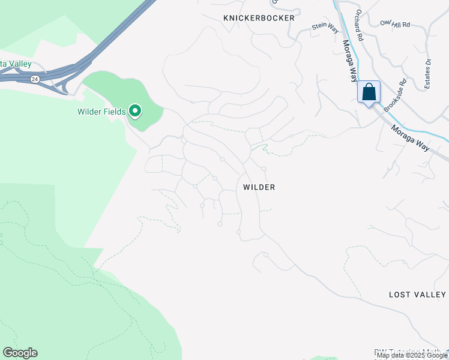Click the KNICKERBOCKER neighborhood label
coord(259,18)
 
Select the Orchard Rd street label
coord(360,25)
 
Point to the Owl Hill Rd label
coord(394,24)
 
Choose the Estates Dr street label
coord(428,74)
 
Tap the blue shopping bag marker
coord(369,93)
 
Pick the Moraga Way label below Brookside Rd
coord(411,138)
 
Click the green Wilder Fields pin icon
coord(136,110)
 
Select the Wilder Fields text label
coord(101,112)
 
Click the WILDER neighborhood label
coord(259,187)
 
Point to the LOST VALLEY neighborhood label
coord(417,295)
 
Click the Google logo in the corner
coord(20,353)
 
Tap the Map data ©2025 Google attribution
coord(411,356)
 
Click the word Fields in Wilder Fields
coord(113,112)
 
